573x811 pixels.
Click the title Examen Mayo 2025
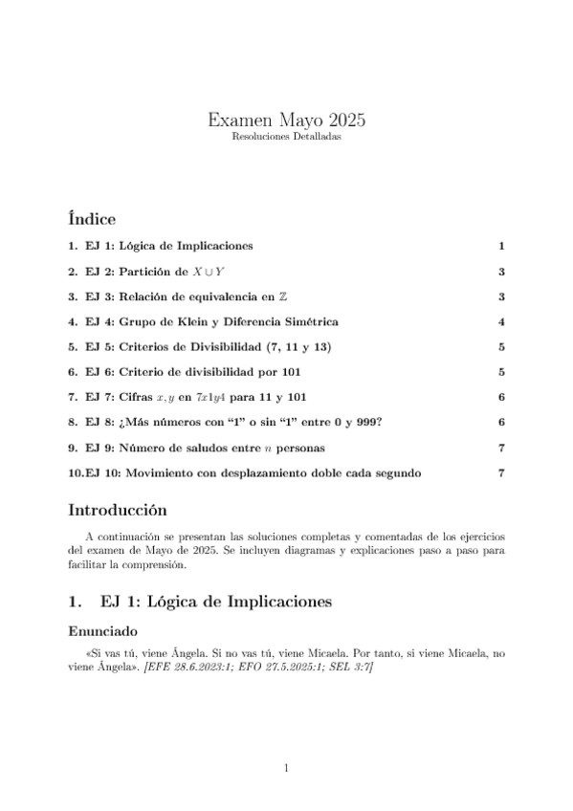coord(286,121)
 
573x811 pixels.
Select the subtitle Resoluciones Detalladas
coord(286,138)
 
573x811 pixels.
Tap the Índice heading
coord(93,218)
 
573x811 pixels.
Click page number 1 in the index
coord(501,247)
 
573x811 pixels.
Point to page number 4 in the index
coord(501,321)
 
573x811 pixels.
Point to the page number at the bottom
coord(286,767)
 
